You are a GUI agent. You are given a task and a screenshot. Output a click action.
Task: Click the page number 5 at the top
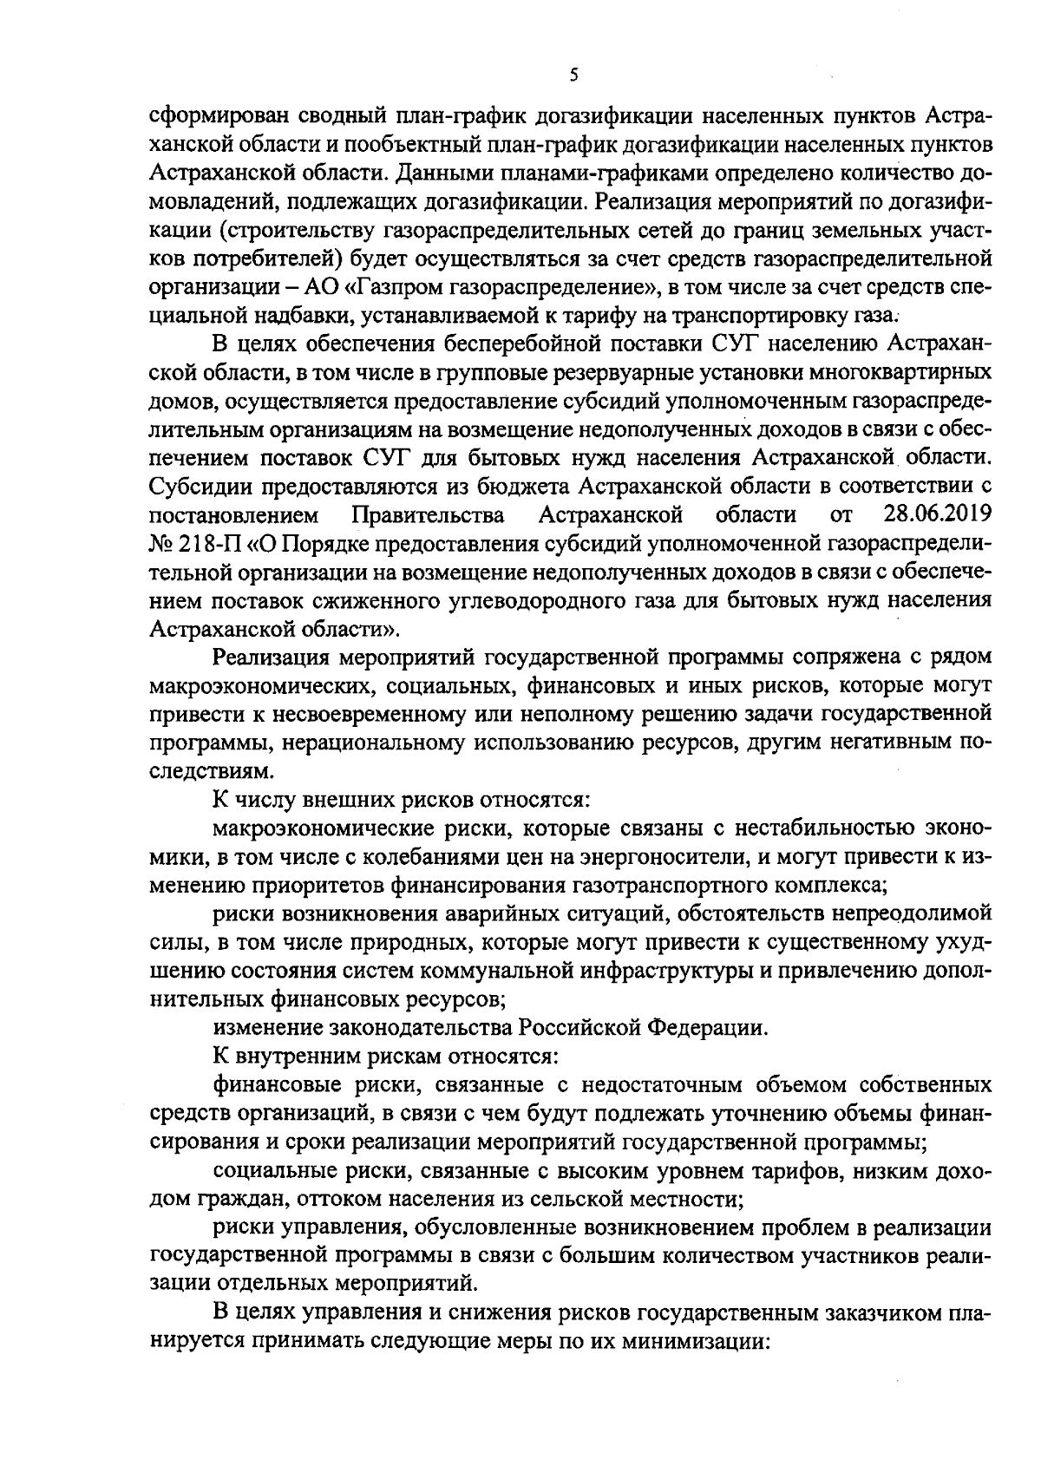[573, 75]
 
